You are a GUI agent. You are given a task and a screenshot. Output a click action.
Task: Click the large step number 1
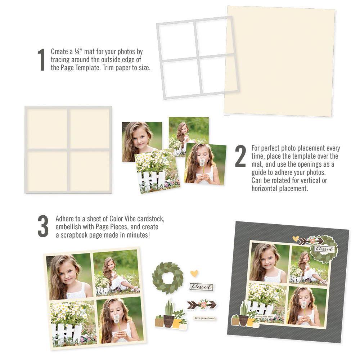point(41,60)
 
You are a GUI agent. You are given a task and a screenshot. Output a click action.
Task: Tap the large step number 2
point(240,156)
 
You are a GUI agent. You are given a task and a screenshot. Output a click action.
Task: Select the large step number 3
point(43,226)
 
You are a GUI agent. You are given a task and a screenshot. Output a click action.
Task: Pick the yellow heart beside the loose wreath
point(194,273)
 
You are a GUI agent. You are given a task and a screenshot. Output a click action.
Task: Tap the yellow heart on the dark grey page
point(296,238)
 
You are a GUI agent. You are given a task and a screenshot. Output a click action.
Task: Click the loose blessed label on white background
point(201,287)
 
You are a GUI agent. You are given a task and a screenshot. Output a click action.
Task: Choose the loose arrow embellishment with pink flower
point(202,305)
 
